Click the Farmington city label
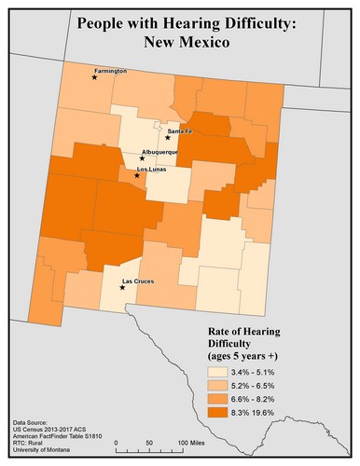click(111, 71)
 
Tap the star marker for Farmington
click(94, 78)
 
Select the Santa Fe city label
click(180, 130)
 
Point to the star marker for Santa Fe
click(168, 138)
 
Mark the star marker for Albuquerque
click(142, 158)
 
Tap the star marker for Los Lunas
click(137, 175)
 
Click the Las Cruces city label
click(138, 281)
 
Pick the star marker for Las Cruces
click(123, 287)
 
